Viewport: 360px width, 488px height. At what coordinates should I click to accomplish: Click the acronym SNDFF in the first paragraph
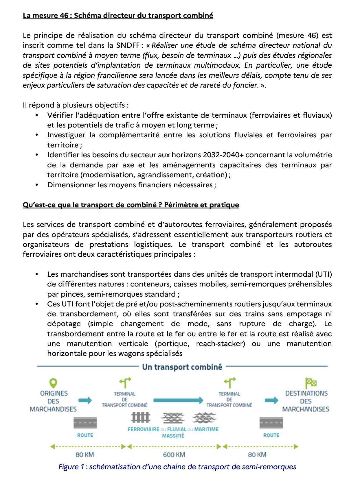pos(128,45)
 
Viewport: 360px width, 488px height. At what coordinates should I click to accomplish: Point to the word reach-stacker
pos(220,344)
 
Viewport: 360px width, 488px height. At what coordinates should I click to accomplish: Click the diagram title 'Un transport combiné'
pos(182,367)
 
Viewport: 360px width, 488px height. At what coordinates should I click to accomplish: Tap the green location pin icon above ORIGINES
pos(53,383)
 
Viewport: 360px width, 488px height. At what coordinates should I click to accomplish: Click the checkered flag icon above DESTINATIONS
pos(311,383)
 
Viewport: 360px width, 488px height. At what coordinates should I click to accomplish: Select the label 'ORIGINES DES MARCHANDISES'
pos(54,401)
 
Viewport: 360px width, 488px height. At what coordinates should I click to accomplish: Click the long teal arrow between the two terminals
pos(178,400)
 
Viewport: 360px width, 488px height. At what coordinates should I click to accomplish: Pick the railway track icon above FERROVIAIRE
pos(141,417)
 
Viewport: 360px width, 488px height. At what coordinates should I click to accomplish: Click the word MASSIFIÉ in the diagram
pos(173,436)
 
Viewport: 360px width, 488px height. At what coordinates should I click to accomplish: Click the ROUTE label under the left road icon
pos(85,435)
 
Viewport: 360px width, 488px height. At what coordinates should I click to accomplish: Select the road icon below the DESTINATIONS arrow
pos(271,423)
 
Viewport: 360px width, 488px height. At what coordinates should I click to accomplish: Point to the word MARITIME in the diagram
pos(206,429)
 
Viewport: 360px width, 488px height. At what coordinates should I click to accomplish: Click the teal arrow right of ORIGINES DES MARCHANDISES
pos(85,400)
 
